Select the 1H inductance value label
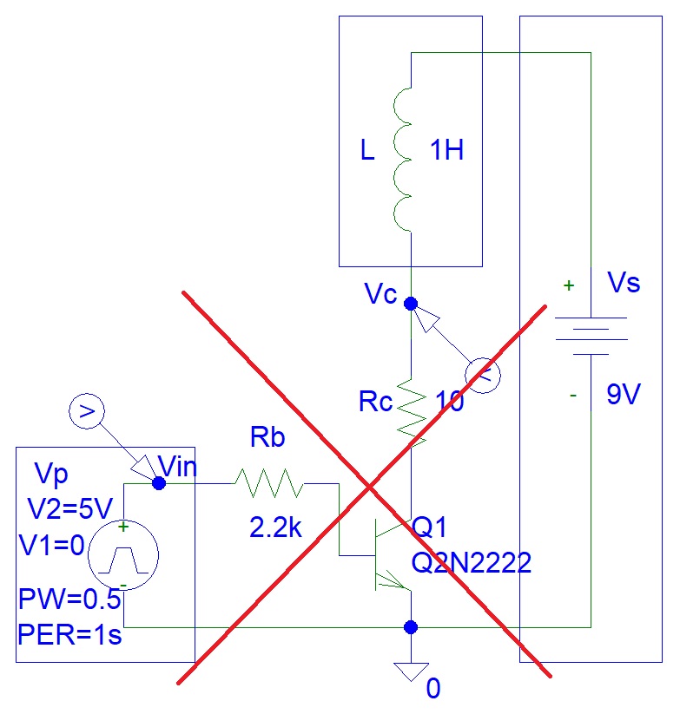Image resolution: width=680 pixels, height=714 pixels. (x=446, y=151)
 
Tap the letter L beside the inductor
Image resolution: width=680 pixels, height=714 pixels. (x=367, y=152)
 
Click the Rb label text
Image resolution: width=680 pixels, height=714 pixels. (x=267, y=438)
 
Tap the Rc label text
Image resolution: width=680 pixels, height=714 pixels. (x=377, y=403)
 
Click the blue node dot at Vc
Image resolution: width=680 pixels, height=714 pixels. (x=412, y=304)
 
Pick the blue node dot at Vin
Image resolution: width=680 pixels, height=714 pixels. (x=158, y=483)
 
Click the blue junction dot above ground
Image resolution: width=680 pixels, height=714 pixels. (x=412, y=626)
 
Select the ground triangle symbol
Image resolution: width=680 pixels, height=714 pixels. (x=412, y=671)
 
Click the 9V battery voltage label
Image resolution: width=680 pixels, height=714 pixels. (x=624, y=396)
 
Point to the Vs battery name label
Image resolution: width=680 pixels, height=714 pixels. (x=624, y=283)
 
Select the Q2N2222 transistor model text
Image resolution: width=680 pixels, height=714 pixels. (x=472, y=563)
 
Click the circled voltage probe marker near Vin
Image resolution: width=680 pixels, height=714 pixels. (x=86, y=412)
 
